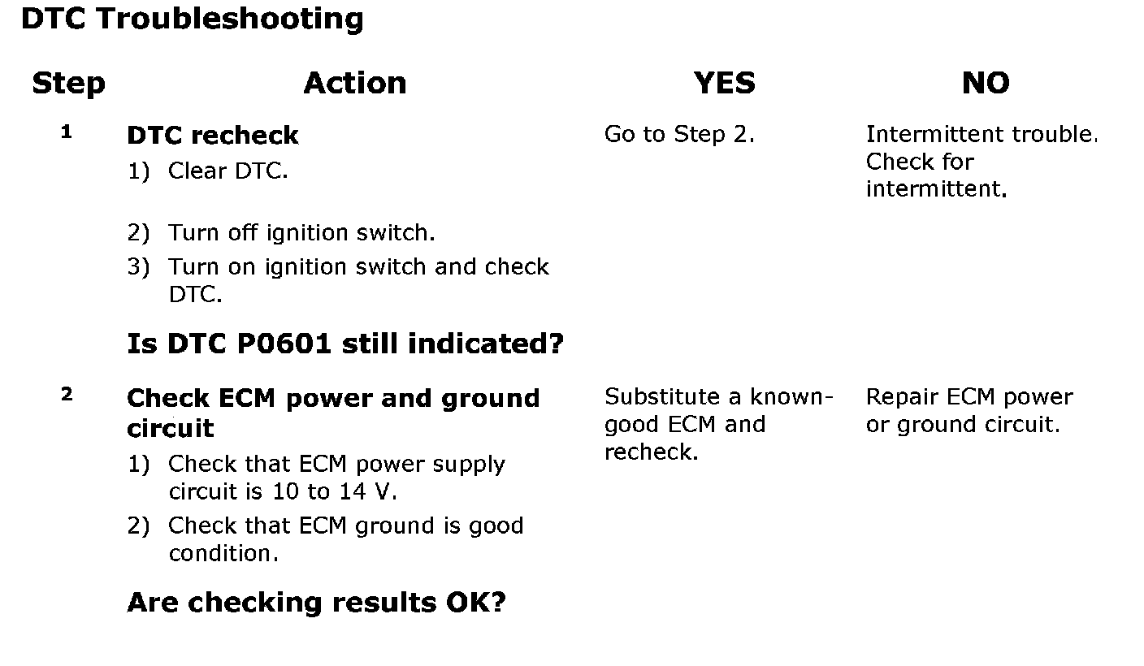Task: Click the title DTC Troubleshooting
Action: (x=192, y=19)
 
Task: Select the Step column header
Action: (x=68, y=83)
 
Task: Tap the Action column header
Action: (x=355, y=83)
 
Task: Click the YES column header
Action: (x=724, y=83)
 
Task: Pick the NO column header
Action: (x=986, y=83)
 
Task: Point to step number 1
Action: (x=67, y=132)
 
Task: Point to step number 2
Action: (x=67, y=395)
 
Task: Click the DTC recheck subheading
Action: (x=213, y=135)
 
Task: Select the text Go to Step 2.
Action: (x=679, y=135)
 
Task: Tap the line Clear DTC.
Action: (x=227, y=172)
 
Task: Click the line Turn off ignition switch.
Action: (x=301, y=233)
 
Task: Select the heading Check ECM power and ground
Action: (x=333, y=399)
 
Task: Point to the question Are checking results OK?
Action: (x=317, y=603)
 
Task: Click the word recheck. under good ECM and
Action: (x=651, y=452)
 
